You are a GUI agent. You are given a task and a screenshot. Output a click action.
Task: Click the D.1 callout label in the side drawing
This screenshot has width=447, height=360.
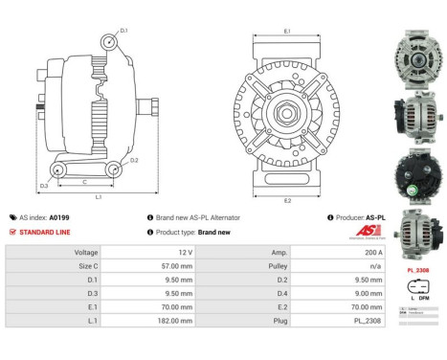pyautogui.click(x=123, y=31)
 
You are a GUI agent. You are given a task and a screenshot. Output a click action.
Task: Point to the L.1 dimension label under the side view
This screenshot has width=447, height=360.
pyautogui.click(x=99, y=196)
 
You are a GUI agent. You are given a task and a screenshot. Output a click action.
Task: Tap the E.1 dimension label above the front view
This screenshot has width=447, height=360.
pyautogui.click(x=287, y=32)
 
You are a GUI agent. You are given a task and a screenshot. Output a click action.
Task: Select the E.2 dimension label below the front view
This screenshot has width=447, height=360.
pyautogui.click(x=287, y=200)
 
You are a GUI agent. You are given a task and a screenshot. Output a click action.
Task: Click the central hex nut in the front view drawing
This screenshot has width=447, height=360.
pyautogui.click(x=287, y=114)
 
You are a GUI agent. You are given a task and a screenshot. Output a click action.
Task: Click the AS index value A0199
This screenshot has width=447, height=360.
pyautogui.click(x=85, y=217)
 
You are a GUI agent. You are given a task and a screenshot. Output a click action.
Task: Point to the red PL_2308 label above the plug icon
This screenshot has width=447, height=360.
pyautogui.click(x=417, y=270)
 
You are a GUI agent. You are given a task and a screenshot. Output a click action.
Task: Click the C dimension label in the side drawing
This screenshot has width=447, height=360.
pyautogui.click(x=84, y=180)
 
